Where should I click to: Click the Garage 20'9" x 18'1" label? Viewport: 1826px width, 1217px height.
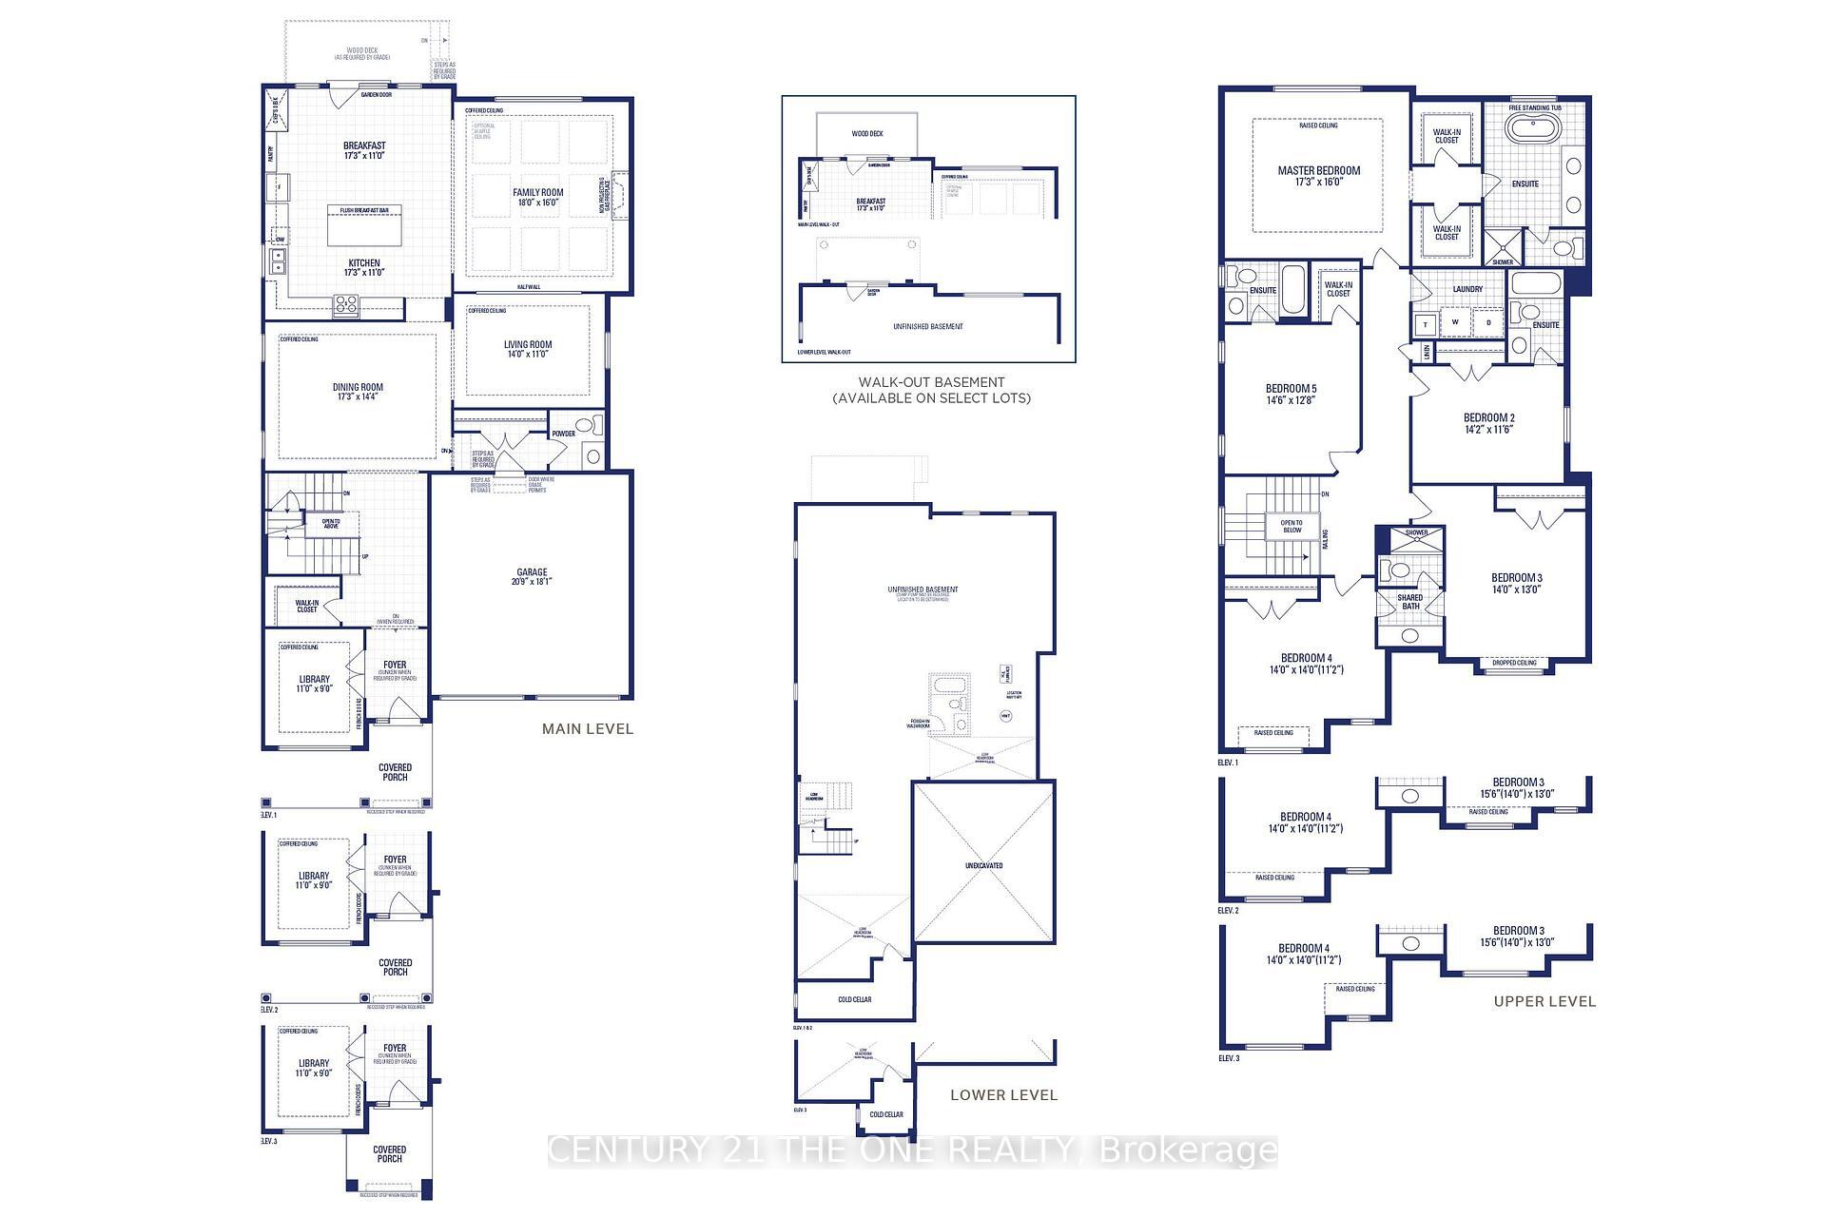[532, 576]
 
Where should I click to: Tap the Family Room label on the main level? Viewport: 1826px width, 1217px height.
[538, 197]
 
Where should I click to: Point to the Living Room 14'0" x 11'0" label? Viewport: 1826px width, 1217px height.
[528, 349]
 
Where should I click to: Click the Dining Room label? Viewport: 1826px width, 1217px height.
[358, 392]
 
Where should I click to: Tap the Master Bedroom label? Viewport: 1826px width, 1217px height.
[1318, 176]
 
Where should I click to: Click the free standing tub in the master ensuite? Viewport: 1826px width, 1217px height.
[1534, 131]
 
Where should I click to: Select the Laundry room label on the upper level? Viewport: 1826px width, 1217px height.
[1467, 289]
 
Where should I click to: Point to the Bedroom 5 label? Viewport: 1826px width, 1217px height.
[1291, 394]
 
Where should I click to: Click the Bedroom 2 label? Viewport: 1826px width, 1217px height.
[1488, 423]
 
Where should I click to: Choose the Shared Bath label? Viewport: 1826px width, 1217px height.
[1410, 602]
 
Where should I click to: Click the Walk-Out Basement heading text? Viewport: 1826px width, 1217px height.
[931, 382]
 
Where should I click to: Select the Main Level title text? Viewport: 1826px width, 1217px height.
[587, 729]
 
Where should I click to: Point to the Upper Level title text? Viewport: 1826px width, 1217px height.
[1544, 1001]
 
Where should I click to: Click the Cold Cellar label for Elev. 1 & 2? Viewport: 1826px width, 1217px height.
[854, 999]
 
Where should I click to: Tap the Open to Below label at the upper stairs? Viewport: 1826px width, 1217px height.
[1292, 526]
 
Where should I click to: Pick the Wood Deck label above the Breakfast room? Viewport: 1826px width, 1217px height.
[361, 53]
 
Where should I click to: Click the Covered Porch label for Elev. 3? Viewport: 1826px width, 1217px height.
[389, 1154]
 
